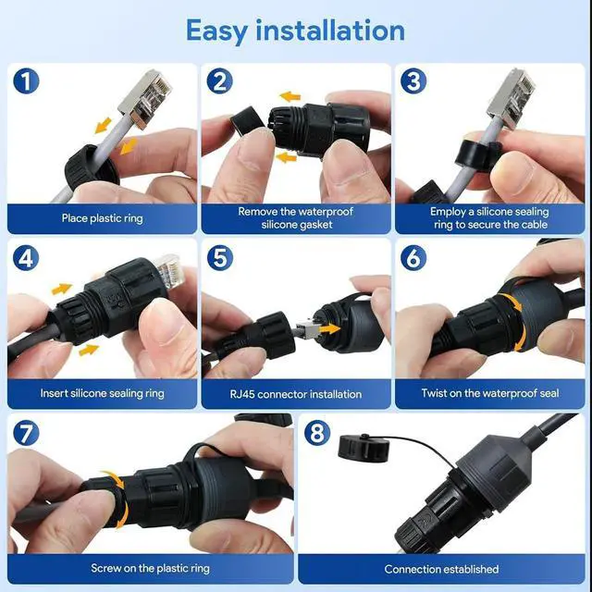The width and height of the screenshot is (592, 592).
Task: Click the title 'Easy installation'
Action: click(295, 30)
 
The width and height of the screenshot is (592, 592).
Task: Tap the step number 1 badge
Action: click(27, 81)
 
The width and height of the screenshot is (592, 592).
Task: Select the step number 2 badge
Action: click(219, 81)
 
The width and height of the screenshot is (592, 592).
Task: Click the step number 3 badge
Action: click(413, 81)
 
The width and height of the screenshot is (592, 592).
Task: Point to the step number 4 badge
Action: click(27, 256)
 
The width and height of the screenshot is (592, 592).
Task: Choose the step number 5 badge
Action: click(219, 256)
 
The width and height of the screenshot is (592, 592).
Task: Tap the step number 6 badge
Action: click(413, 256)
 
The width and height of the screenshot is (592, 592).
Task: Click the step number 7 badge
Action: click(27, 433)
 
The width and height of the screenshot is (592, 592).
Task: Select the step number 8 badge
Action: click(317, 433)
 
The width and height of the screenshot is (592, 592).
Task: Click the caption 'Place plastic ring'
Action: click(102, 218)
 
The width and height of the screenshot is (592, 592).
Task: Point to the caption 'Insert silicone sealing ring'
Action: click(102, 393)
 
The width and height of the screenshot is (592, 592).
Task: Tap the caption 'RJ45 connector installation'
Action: click(295, 394)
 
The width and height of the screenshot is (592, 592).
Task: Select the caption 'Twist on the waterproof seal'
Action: click(489, 393)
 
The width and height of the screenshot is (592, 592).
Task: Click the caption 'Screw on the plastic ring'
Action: click(150, 568)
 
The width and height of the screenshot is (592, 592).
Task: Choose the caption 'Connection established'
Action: click(441, 569)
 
